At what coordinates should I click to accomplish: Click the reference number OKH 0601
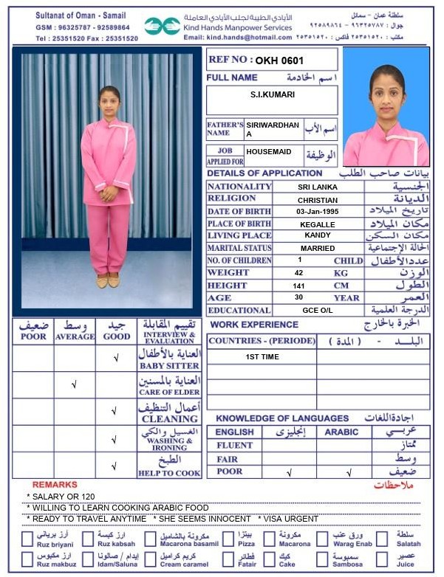tap(279, 60)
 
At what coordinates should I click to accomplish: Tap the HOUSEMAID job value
tap(268, 152)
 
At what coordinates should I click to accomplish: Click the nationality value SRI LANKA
tap(318, 187)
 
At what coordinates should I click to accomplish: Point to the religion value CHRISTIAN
tap(318, 200)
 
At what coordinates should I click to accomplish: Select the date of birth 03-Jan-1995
tap(318, 212)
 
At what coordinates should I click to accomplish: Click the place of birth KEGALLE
tap(318, 224)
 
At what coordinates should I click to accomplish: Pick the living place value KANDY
tap(318, 235)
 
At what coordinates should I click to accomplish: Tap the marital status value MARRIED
tap(318, 249)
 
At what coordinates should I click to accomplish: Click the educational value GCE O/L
tap(318, 311)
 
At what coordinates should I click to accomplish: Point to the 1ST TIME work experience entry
tap(262, 357)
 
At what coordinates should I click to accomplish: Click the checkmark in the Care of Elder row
tap(74, 384)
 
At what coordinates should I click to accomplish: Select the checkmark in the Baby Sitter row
tap(116, 359)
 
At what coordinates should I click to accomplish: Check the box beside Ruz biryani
tap(27, 539)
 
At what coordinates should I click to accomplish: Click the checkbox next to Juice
tap(383, 559)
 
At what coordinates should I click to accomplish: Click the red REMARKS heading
tap(55, 485)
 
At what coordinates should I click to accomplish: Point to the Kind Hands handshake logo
tap(162, 26)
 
